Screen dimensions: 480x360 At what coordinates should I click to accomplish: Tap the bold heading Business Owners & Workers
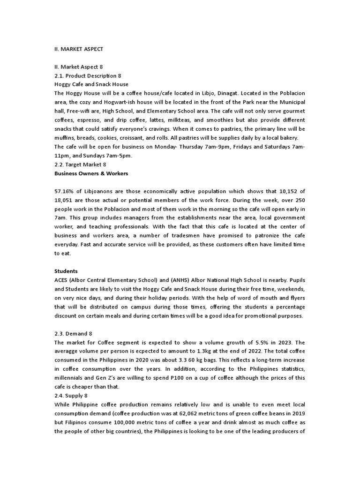pos(91,173)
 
